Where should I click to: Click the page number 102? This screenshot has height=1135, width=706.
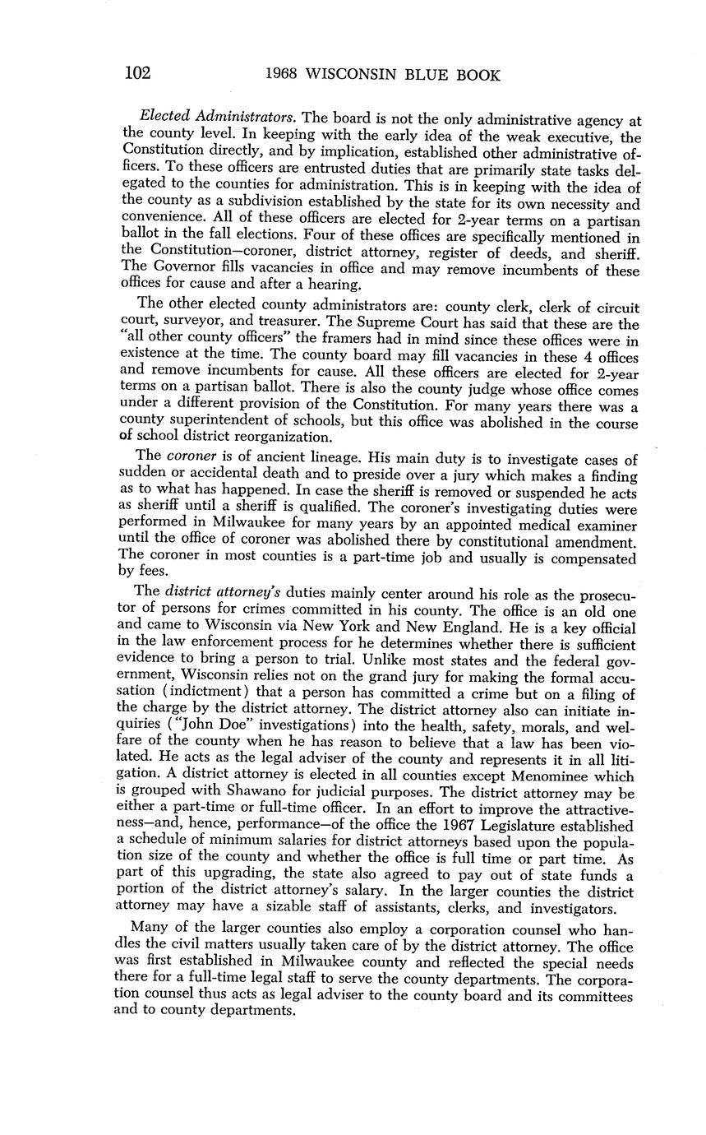pyautogui.click(x=137, y=74)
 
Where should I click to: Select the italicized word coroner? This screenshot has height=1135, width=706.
pyautogui.click(x=191, y=456)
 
